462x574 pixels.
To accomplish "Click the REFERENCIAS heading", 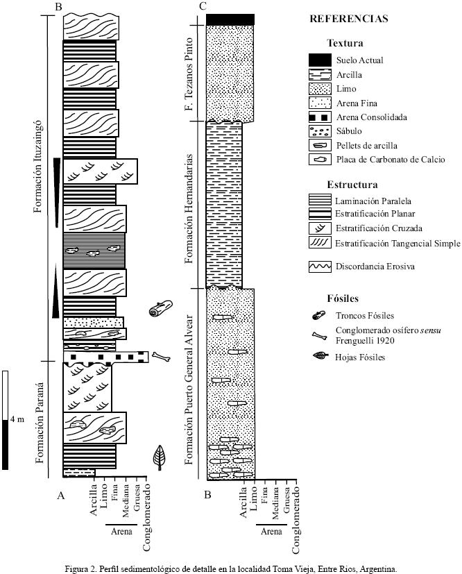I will click(x=349, y=19).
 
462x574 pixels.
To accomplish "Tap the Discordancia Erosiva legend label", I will click(x=375, y=266).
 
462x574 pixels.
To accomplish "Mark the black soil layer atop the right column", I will click(x=230, y=19).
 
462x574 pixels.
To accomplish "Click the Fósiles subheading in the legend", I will click(x=342, y=298).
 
